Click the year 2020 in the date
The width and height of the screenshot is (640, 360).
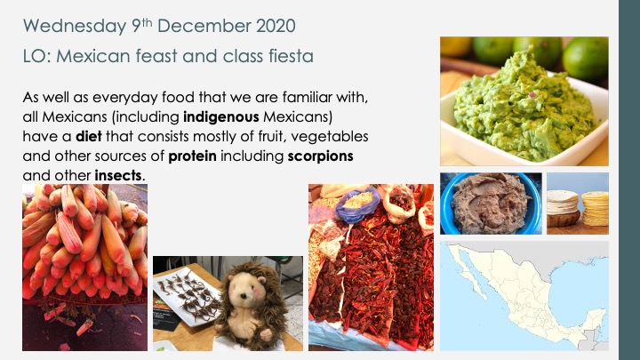pos(276,26)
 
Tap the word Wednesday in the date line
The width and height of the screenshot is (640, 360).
pos(75,27)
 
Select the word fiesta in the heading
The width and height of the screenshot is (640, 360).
pos(291,56)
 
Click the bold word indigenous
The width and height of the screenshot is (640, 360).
pos(221,117)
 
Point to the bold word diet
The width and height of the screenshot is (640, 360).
pos(89,136)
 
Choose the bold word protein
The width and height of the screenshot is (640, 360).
pos(192,156)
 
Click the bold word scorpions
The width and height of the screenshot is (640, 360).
pos(320,156)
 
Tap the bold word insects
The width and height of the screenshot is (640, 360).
pos(118,176)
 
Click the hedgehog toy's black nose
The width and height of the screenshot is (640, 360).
pos(244,295)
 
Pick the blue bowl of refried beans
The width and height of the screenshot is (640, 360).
pos(491,204)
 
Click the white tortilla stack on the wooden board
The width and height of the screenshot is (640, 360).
pos(563,203)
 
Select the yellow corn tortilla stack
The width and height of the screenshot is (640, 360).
pos(595,209)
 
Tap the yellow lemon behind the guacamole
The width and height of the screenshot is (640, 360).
pos(455,45)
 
